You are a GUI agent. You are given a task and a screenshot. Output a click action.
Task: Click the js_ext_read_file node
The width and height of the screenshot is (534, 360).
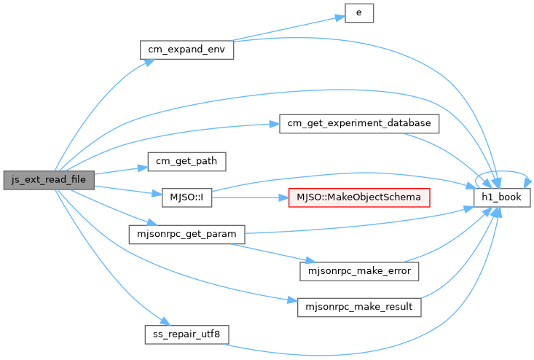point(49,180)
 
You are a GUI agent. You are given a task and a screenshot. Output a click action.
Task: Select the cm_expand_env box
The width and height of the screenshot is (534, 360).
point(186,50)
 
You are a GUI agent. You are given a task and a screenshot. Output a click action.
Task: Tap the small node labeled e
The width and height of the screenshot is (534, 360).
point(359,13)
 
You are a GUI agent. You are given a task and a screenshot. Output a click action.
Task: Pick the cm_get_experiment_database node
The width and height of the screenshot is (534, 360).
point(359,124)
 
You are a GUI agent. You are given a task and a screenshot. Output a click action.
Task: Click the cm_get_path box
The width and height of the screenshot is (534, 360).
point(186,162)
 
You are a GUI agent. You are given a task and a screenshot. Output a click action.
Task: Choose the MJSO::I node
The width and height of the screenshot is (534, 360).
point(186,197)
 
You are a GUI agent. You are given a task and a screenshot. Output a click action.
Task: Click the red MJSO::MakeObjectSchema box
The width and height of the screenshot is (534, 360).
point(359,197)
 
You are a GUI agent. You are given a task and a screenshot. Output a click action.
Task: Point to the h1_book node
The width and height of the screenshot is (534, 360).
point(502,197)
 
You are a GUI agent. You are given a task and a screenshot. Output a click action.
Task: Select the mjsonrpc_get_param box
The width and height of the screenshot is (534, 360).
point(186,235)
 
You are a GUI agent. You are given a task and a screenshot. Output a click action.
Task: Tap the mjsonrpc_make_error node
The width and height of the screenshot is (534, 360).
point(359,271)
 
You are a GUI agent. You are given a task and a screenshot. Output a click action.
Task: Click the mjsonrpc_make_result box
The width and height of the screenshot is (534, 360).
point(359,308)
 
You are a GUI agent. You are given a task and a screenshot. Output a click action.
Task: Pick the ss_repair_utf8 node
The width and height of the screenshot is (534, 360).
point(186,334)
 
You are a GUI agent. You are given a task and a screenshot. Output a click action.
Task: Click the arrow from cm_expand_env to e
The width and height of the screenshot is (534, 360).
point(288,28)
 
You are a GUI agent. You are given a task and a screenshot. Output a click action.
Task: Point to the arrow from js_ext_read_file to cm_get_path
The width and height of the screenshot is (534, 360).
point(121,171)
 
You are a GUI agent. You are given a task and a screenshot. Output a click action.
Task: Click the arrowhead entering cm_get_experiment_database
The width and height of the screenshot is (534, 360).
point(275,125)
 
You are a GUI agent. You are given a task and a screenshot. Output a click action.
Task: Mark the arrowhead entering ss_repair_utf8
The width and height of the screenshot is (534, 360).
point(165,321)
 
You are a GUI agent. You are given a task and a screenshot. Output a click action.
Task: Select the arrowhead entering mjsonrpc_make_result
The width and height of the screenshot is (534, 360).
point(293,300)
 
